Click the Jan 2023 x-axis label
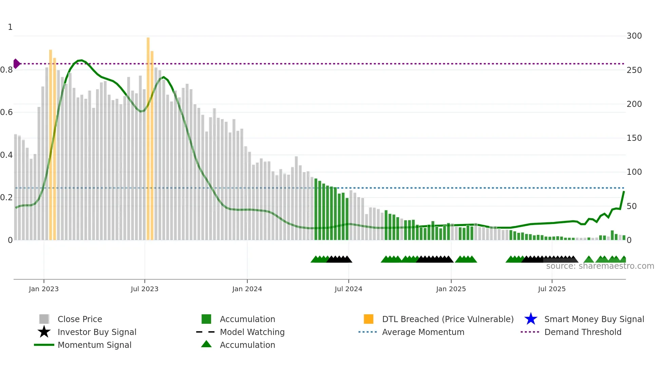44,289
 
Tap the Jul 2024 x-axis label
348,289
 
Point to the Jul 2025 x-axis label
552,289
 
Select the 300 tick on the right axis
634,36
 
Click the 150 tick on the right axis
634,138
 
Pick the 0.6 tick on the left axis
6,112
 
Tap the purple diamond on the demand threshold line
16,63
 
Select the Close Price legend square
44,319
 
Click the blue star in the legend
531,319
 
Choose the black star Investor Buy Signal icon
44,332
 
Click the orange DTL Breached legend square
368,319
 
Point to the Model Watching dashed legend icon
206,332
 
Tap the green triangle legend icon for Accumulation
206,344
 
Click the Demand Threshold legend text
583,332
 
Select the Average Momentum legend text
423,332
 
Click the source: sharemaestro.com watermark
600,266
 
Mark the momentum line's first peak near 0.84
81,60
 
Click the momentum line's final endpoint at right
624,192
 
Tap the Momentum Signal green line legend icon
44,345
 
